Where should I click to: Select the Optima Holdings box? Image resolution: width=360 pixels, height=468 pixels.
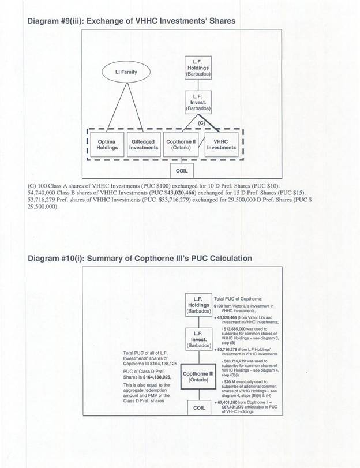(x=107, y=144)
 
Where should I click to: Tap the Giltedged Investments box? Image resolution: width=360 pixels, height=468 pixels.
(x=143, y=144)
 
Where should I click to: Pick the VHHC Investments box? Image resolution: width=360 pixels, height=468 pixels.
(x=221, y=144)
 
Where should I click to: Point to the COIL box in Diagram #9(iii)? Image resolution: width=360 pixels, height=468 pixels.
(x=182, y=171)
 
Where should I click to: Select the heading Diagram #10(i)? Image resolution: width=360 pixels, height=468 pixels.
(x=140, y=258)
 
